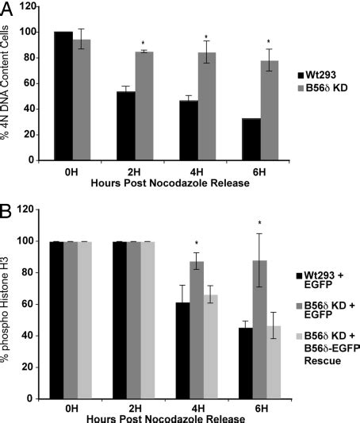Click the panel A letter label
(x=7, y=9)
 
